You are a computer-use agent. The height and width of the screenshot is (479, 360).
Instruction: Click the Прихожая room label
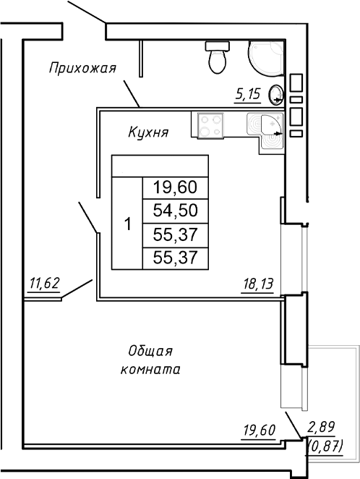click(x=82, y=69)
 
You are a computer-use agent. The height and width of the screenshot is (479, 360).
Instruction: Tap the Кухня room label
click(x=148, y=132)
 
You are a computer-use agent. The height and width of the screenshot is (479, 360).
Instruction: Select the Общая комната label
click(x=150, y=360)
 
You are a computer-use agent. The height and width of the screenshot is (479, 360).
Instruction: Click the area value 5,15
click(x=247, y=93)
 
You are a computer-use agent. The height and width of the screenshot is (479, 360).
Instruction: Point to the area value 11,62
click(x=44, y=283)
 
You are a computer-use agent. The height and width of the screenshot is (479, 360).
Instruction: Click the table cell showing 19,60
click(x=175, y=187)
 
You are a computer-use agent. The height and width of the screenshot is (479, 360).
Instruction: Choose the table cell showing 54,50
click(x=175, y=211)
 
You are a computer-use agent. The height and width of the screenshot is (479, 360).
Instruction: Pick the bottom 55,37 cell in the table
click(x=175, y=258)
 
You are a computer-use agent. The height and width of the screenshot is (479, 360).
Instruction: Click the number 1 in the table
click(x=127, y=224)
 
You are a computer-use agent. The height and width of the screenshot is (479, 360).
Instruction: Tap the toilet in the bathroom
click(x=217, y=57)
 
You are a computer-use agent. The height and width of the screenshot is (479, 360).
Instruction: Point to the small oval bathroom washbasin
click(x=275, y=93)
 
